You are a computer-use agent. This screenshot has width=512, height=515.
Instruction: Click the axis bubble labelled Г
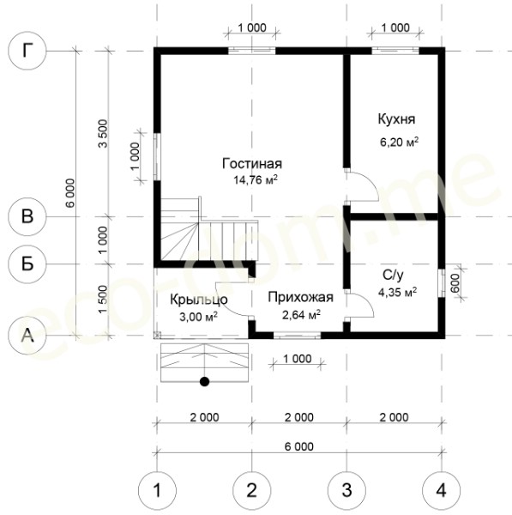[x=27, y=51]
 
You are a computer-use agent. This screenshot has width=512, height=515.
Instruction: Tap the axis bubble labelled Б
[x=27, y=264]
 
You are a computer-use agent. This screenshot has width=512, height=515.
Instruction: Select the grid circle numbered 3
[x=346, y=491]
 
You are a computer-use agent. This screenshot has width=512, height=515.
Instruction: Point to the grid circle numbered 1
[x=157, y=491]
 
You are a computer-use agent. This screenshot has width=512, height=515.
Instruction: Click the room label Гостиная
[x=252, y=164]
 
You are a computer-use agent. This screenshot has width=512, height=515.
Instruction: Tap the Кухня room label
[x=396, y=119]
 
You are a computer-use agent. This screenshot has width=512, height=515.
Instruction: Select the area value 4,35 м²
[x=398, y=292]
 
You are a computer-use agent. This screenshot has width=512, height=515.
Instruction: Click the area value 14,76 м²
[x=256, y=179]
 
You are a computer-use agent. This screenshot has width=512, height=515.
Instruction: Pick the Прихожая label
[x=301, y=297]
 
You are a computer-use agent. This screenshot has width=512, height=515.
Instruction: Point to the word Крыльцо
[x=199, y=300]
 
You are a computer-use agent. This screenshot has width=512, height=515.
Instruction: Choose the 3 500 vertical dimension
[x=103, y=133]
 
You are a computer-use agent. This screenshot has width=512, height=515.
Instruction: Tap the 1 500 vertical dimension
[x=103, y=300]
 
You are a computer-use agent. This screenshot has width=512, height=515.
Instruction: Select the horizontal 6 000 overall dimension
[x=299, y=446]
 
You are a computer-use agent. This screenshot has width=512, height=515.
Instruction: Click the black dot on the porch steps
[x=204, y=381]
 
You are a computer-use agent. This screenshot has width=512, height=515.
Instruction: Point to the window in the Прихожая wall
[x=297, y=336]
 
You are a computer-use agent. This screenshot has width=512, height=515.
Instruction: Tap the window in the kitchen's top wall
[x=395, y=51]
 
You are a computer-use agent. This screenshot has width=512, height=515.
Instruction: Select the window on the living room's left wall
[x=157, y=156]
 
